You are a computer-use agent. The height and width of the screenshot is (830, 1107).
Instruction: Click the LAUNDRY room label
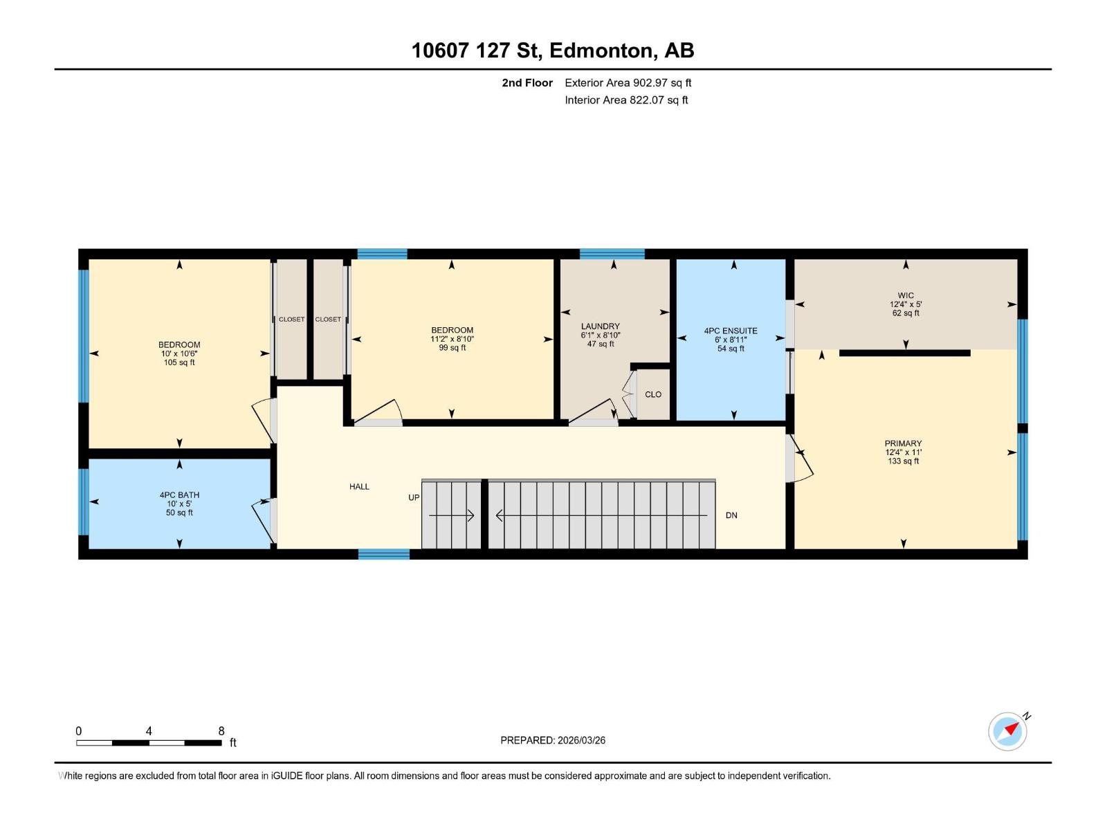coord(600,326)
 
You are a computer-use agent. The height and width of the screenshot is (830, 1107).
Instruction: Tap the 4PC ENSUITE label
coord(731,331)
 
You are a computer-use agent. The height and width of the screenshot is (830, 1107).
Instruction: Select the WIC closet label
coord(906,295)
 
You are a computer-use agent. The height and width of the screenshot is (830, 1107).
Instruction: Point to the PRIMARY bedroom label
coord(903,443)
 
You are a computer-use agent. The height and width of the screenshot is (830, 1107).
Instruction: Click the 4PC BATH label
coord(179,495)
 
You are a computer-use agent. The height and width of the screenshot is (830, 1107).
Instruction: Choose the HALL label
coord(359,486)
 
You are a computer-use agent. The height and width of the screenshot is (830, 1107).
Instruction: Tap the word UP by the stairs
coord(414,497)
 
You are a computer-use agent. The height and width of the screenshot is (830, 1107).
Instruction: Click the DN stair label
coord(731,515)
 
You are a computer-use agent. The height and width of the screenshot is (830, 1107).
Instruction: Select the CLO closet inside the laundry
coord(653,394)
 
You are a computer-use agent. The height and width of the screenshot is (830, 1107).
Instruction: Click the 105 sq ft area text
coord(179,362)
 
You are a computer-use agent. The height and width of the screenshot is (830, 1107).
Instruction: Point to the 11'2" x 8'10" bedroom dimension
coord(452,339)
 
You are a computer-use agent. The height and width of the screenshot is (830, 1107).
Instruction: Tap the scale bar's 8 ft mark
coord(221,731)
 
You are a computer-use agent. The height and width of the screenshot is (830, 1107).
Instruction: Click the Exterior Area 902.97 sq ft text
coord(628,82)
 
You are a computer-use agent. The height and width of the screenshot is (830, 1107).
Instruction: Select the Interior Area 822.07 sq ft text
coord(626,100)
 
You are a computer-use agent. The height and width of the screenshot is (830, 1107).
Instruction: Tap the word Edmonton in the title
coord(601,50)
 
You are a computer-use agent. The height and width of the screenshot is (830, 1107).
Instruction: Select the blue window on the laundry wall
coord(612,254)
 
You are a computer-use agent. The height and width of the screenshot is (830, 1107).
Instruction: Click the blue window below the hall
coord(384,554)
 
